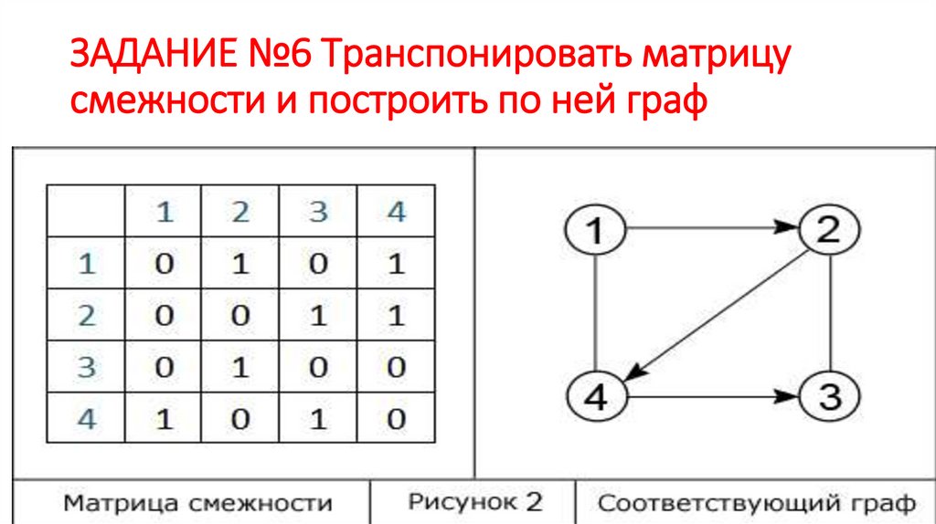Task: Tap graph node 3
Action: click(828, 397)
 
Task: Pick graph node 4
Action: click(595, 397)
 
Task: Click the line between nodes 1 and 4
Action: click(595, 314)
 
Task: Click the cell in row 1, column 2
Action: click(239, 264)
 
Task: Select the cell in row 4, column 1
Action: click(163, 420)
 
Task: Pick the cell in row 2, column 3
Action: click(317, 316)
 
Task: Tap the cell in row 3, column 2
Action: click(239, 368)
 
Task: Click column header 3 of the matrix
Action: click(317, 213)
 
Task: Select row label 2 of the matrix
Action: click(87, 316)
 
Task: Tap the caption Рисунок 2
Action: click(474, 501)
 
